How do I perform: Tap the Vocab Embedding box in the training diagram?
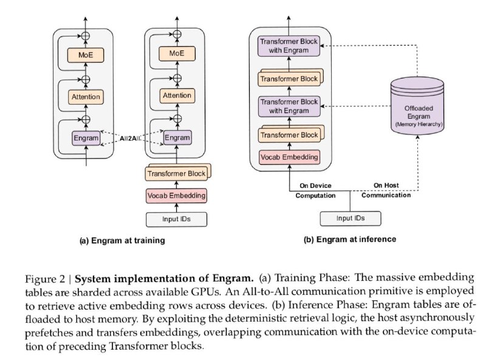(x=176, y=195)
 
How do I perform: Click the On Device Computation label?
(x=316, y=190)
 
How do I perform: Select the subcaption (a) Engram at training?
(x=122, y=241)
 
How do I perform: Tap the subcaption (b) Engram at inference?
(x=349, y=240)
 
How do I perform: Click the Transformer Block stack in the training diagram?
(x=178, y=172)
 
